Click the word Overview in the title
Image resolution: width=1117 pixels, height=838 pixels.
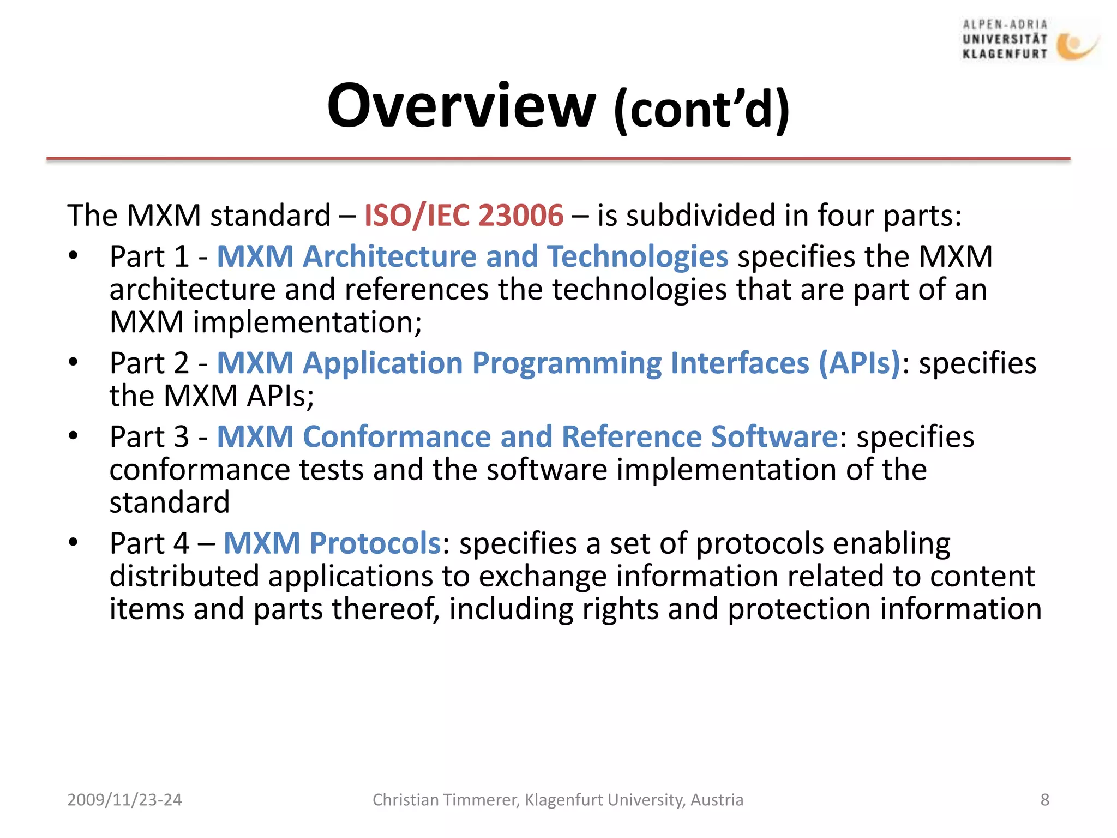(461, 106)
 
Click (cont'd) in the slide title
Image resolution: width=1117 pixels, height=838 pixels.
(701, 109)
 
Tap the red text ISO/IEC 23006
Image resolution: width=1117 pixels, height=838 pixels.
(463, 215)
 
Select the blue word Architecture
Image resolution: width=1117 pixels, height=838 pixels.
(389, 256)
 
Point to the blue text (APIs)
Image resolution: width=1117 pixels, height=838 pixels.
(859, 363)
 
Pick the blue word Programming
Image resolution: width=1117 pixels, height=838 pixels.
(567, 364)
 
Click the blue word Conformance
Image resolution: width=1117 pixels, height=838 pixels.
(397, 437)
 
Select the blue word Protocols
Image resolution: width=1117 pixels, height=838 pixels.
(375, 543)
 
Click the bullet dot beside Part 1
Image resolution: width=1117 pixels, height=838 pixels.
(74, 256)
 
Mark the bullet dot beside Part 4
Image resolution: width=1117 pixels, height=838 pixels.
(74, 542)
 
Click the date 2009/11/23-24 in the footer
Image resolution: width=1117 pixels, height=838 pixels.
(124, 800)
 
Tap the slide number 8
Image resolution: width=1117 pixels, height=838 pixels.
(1044, 800)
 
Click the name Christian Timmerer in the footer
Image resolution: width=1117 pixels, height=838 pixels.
(445, 800)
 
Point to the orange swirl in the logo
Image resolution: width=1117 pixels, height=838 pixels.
(1074, 46)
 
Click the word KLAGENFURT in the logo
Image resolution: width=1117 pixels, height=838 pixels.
(1005, 53)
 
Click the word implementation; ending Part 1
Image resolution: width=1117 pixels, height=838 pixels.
(307, 322)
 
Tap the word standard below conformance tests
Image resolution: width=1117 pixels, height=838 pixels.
(170, 502)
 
